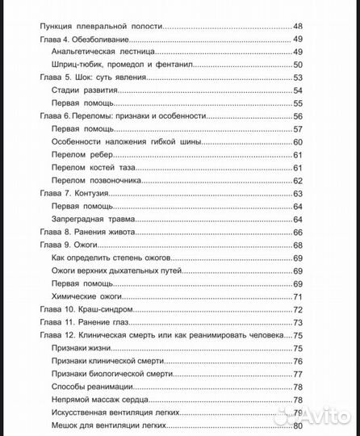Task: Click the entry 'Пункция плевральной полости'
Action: [101, 27]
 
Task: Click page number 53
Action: [297, 78]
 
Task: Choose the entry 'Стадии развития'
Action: [83, 90]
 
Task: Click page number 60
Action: [297, 142]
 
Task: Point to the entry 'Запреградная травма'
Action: [97, 219]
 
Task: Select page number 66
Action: [297, 232]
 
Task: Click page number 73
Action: [297, 322]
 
